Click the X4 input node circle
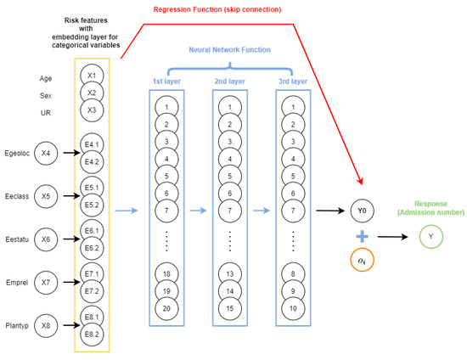click(x=46, y=154)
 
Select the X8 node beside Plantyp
click(x=46, y=323)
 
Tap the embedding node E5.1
click(x=91, y=188)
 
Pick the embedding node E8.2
click(x=91, y=334)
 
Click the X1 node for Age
click(x=91, y=76)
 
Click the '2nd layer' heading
click(x=230, y=81)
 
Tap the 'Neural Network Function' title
click(x=230, y=49)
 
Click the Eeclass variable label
click(x=17, y=196)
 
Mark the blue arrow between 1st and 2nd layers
click(x=199, y=210)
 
